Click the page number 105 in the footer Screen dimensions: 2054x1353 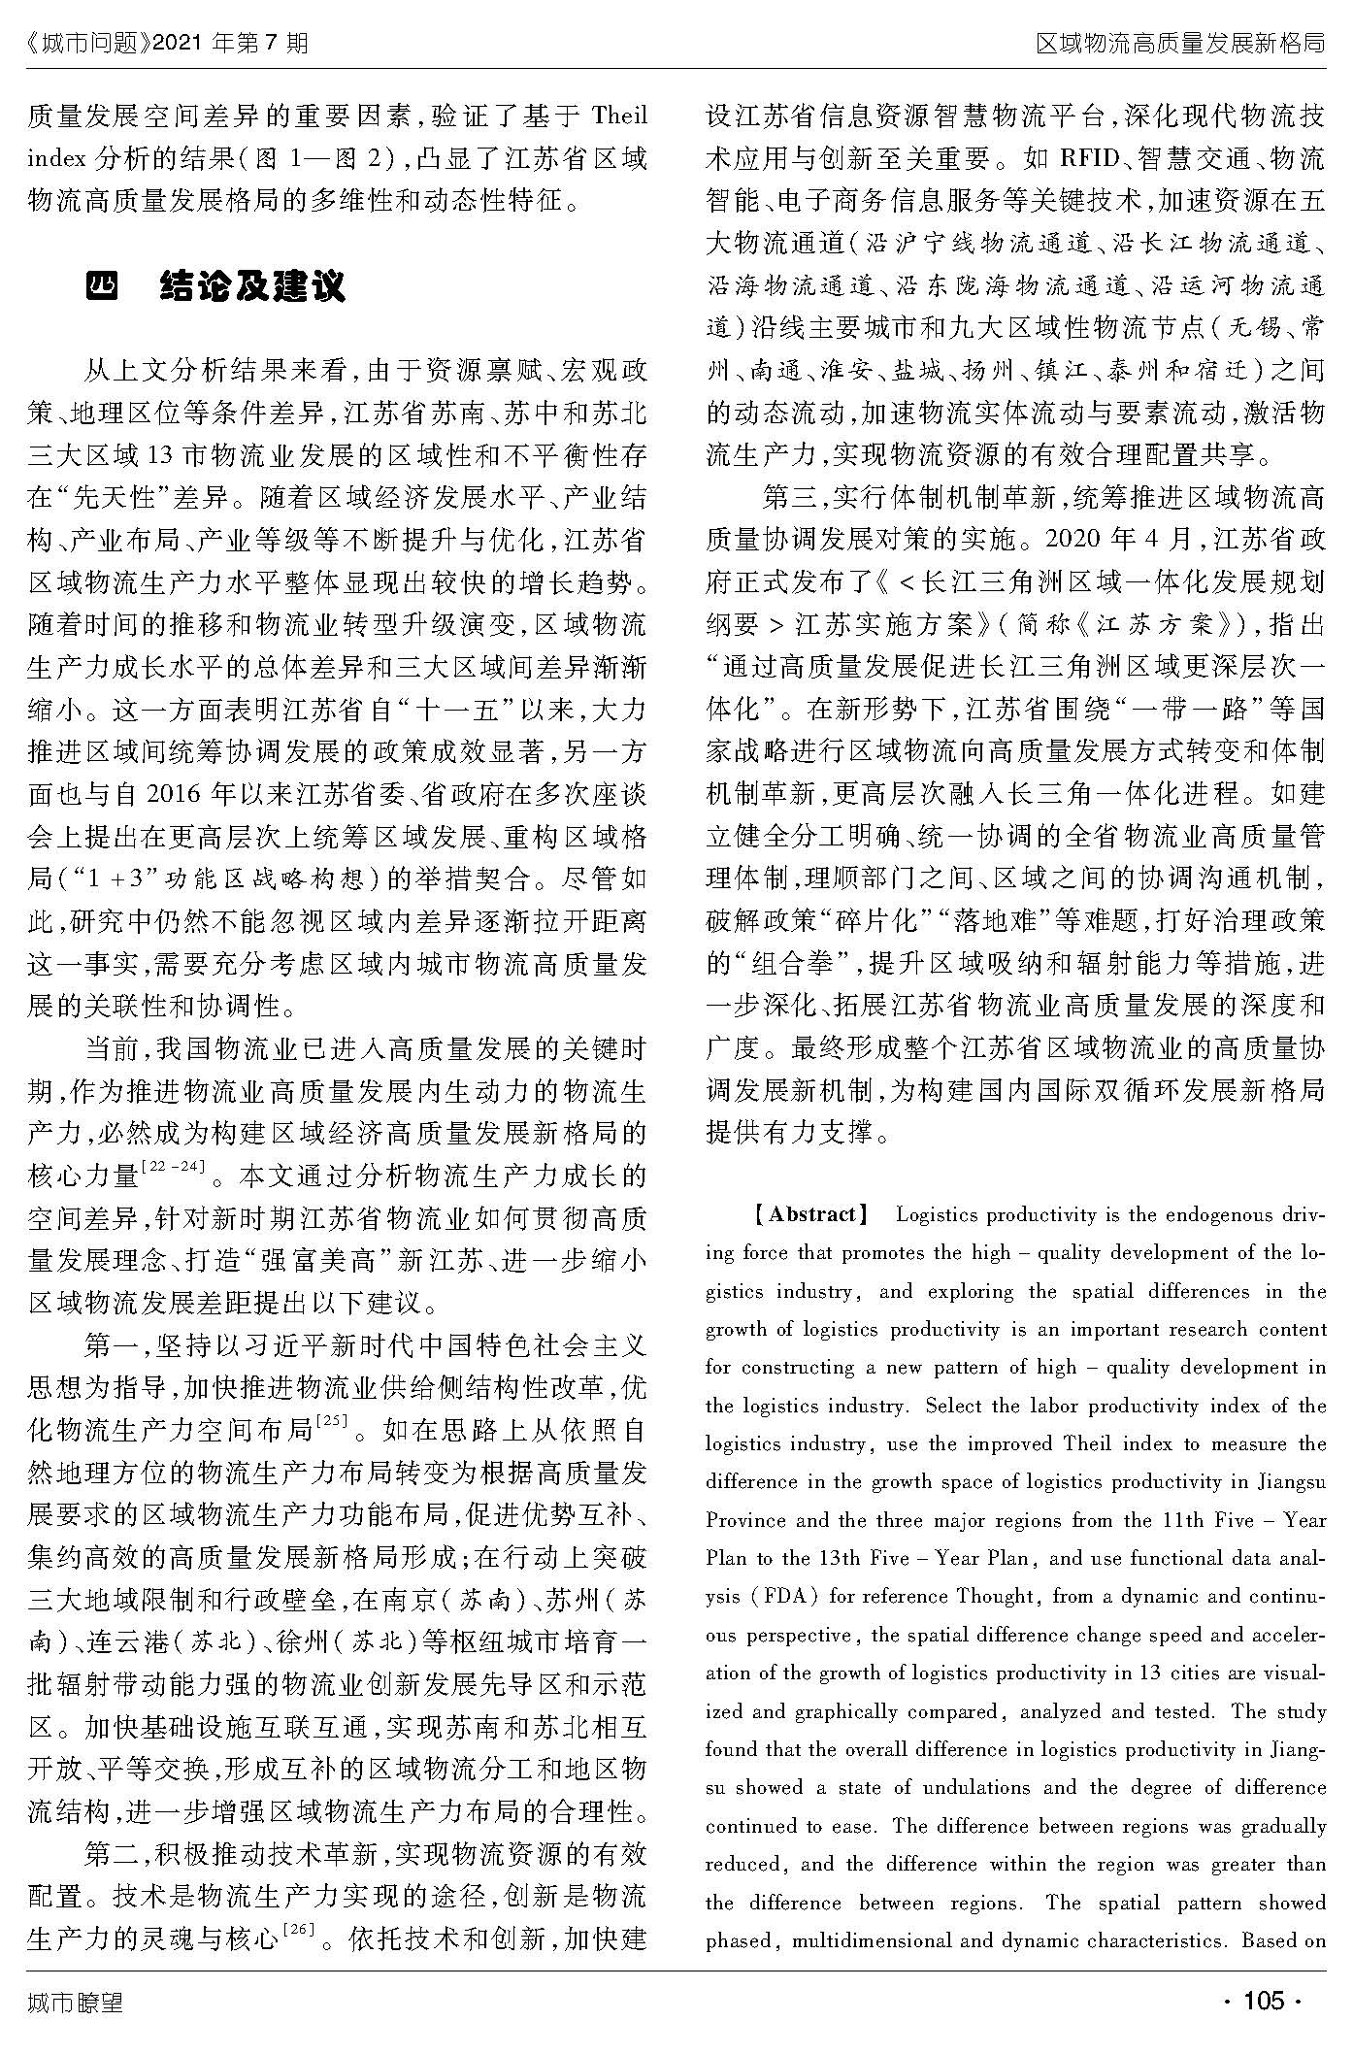(1264, 2001)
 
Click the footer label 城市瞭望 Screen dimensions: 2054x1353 (76, 2001)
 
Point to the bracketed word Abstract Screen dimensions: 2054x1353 (812, 1214)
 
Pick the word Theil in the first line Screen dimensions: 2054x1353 (618, 117)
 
